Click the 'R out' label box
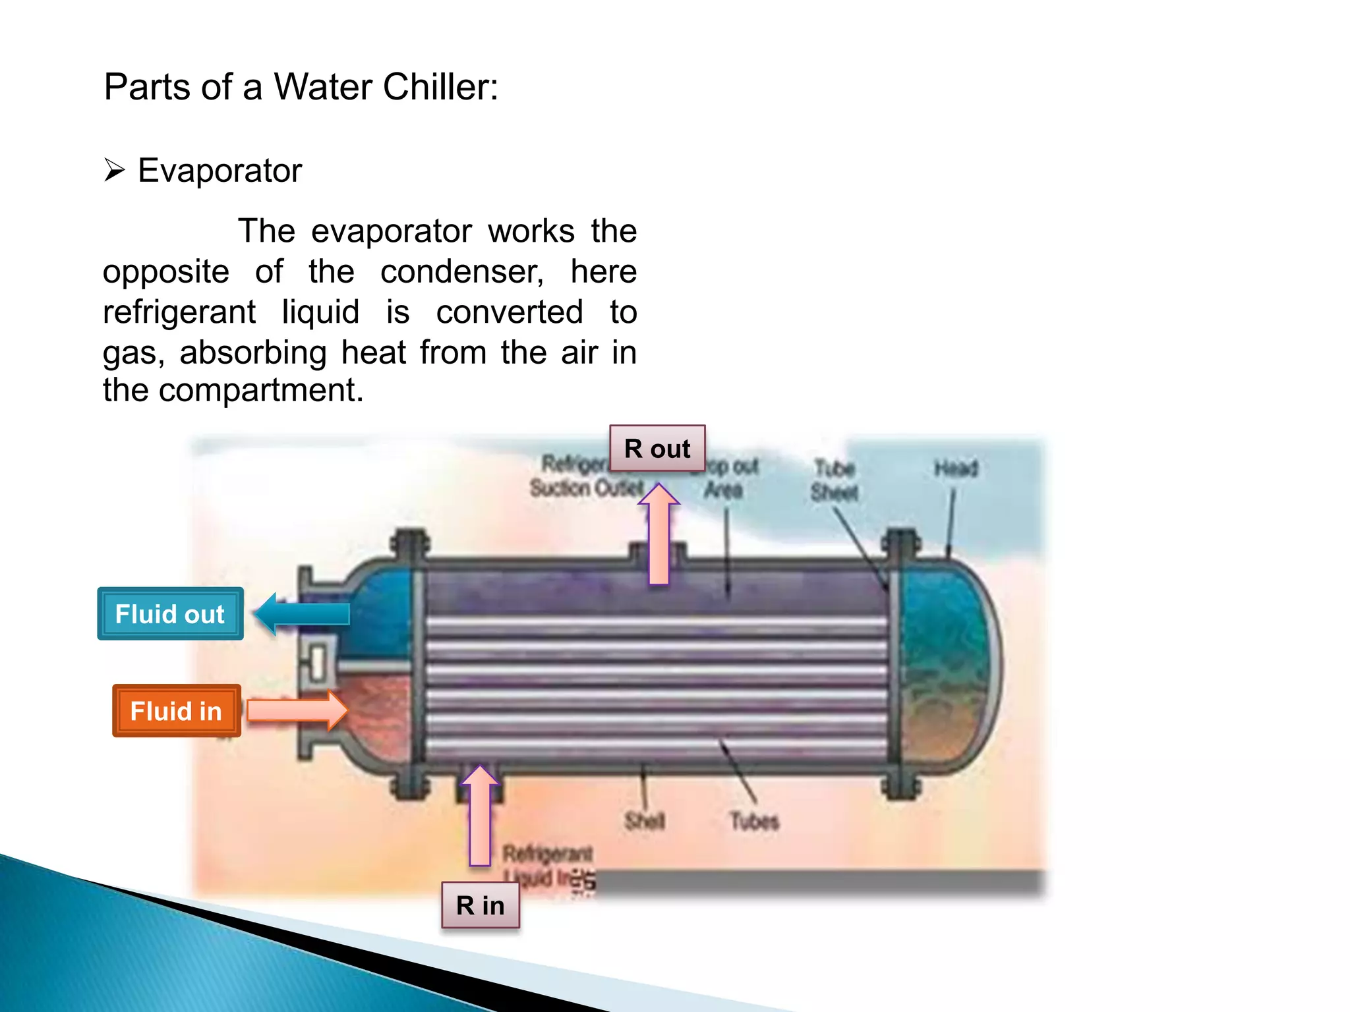click(x=657, y=449)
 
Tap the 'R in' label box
click(x=481, y=905)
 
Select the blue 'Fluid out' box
click(x=170, y=613)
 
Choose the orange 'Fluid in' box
click(x=176, y=711)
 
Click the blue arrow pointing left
click(x=302, y=613)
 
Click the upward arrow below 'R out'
click(x=659, y=534)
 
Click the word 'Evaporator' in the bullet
click(x=220, y=171)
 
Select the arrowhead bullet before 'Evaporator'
click(x=114, y=171)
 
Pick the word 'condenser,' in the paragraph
click(x=462, y=271)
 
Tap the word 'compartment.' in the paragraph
click(x=261, y=390)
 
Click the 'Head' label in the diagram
click(x=955, y=468)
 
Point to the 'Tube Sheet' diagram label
click(x=835, y=480)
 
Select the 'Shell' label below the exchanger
click(x=645, y=821)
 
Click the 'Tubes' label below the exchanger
click(x=754, y=821)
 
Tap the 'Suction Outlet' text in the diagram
click(x=586, y=488)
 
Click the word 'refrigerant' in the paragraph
click(x=179, y=312)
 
